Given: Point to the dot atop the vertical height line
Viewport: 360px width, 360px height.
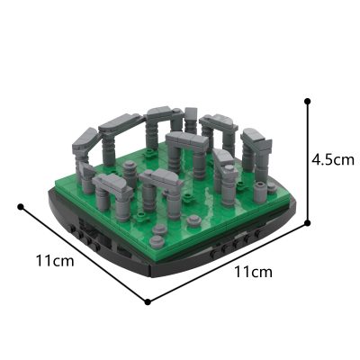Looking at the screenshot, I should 308,102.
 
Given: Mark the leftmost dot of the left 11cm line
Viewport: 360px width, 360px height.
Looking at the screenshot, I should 20,206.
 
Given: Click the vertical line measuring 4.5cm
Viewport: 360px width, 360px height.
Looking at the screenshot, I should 308,162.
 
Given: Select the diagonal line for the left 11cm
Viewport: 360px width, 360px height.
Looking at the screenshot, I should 83,253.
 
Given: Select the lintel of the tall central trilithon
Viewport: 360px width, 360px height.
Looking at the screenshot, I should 186,140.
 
